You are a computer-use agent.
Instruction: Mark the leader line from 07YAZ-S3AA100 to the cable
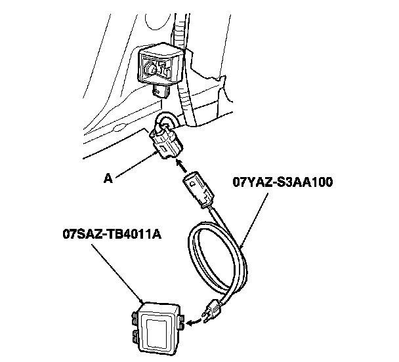255,216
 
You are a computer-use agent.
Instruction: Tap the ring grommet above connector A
165,119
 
